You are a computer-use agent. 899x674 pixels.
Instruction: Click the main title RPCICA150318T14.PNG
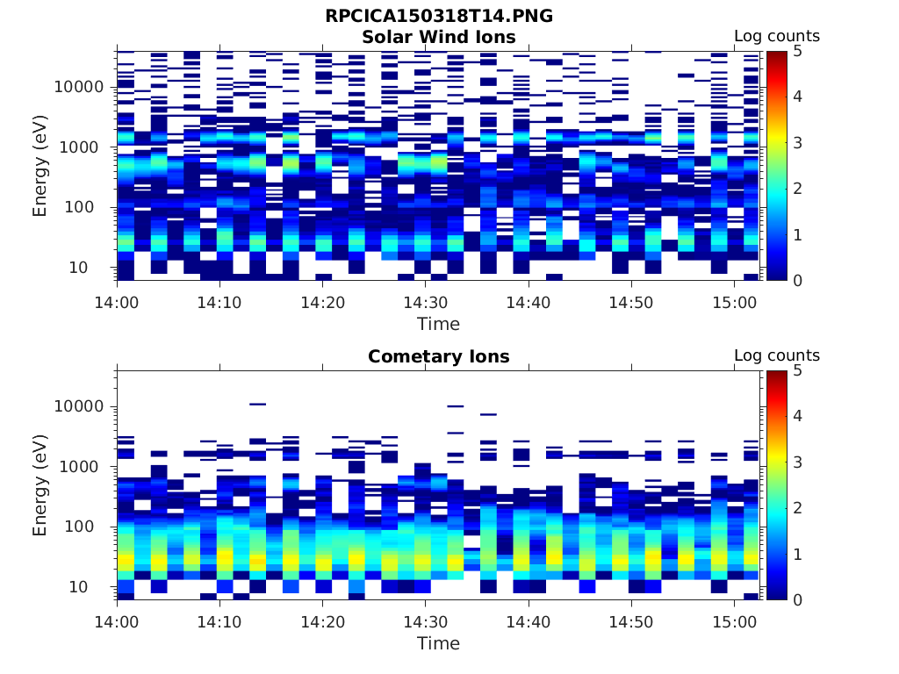pyautogui.click(x=439, y=16)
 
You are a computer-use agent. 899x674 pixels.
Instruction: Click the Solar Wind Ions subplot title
pyautogui.click(x=439, y=37)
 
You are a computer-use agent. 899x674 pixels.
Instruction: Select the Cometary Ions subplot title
pyautogui.click(x=439, y=356)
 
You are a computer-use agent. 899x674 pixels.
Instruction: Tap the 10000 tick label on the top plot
pyautogui.click(x=81, y=87)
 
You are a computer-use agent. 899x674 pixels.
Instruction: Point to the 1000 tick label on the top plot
pyautogui.click(x=85, y=147)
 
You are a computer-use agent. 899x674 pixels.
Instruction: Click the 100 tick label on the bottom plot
pyautogui.click(x=89, y=527)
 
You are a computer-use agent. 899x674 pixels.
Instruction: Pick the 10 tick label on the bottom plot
pyautogui.click(x=93, y=586)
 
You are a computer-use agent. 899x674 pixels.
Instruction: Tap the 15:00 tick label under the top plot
pyautogui.click(x=735, y=302)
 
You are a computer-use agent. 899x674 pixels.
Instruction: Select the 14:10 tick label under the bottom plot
pyautogui.click(x=219, y=621)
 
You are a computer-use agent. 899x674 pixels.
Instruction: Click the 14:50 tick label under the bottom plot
pyautogui.click(x=631, y=621)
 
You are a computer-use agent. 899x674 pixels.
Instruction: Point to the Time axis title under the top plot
pyautogui.click(x=438, y=324)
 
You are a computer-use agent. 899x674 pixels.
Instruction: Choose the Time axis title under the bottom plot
pyautogui.click(x=438, y=643)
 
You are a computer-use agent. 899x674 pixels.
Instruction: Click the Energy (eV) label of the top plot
pyautogui.click(x=40, y=165)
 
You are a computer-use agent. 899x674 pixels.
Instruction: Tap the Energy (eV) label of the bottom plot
pyautogui.click(x=40, y=484)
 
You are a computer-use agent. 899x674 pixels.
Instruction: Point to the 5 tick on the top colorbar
pyautogui.click(x=797, y=51)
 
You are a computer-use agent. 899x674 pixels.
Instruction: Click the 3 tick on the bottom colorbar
pyautogui.click(x=797, y=462)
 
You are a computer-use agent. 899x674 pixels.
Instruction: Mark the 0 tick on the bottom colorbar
pyautogui.click(x=797, y=599)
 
